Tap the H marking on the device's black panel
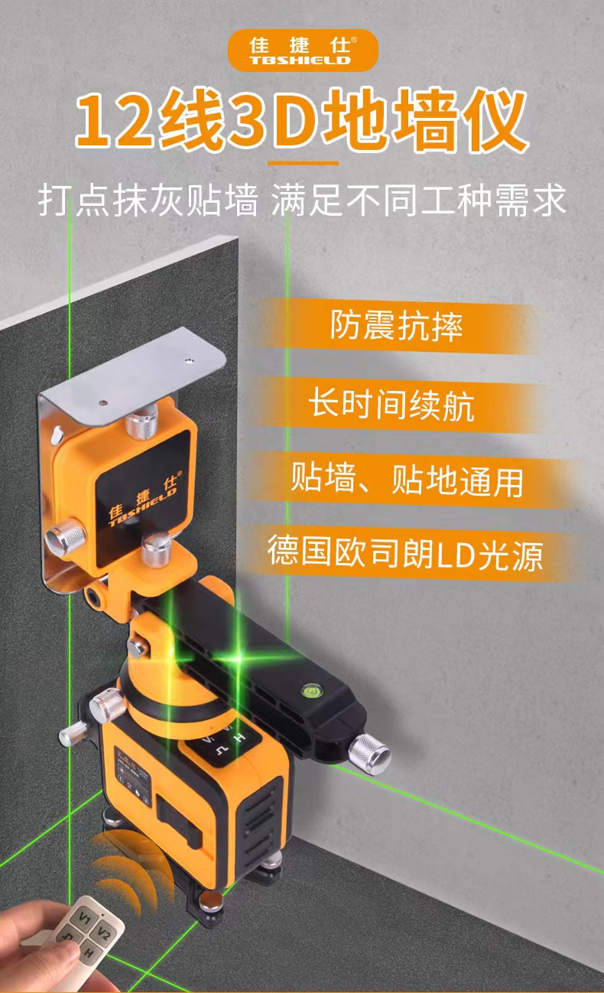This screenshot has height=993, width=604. [240, 738]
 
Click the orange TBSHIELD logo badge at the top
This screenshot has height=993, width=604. [303, 50]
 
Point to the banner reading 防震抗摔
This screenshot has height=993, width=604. [396, 326]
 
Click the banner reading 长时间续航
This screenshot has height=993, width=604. [391, 405]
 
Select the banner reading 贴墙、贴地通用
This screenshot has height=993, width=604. [406, 480]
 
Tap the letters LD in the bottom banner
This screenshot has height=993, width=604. [455, 555]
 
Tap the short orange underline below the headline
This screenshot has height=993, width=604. [303, 163]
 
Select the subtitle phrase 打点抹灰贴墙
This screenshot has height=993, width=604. [148, 200]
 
